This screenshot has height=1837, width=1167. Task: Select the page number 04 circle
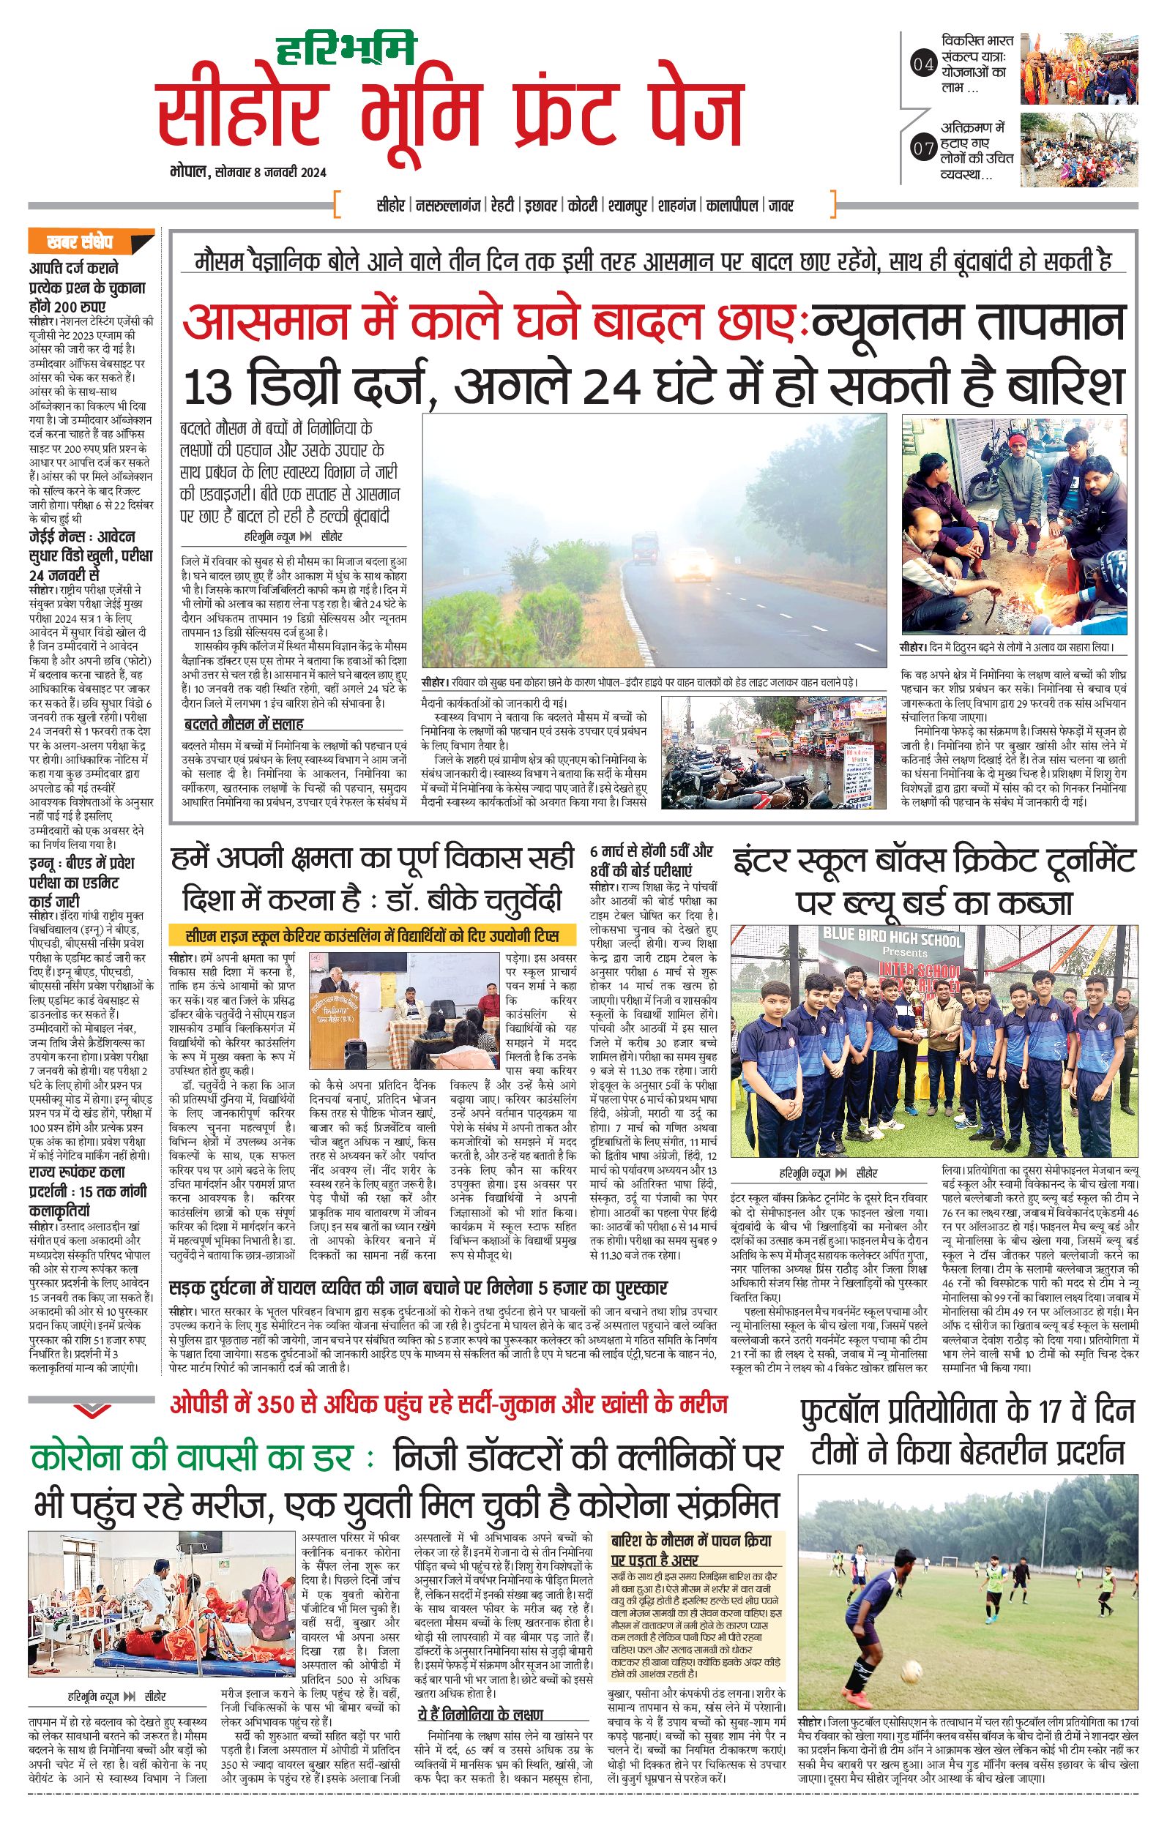pyautogui.click(x=922, y=65)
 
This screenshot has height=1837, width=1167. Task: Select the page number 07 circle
pyautogui.click(x=922, y=149)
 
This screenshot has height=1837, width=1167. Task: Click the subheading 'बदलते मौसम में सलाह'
pyautogui.click(x=244, y=723)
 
